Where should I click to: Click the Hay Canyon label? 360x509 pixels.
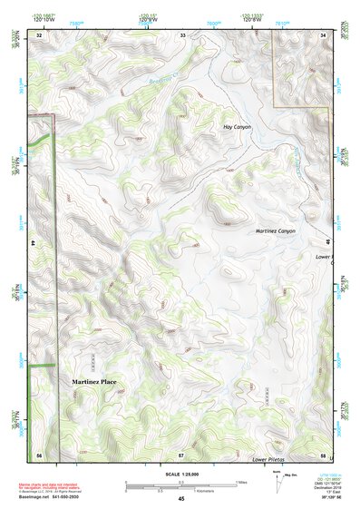click(237, 127)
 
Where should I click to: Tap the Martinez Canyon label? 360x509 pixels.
click(276, 231)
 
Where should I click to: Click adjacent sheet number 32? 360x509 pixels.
click(38, 34)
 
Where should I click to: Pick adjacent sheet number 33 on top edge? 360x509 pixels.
click(181, 34)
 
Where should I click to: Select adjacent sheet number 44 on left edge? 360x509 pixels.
click(33, 244)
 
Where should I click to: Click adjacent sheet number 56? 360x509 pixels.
click(38, 453)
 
